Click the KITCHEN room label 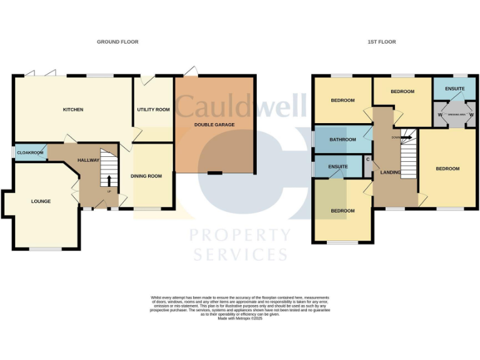[73, 109]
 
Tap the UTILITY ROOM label [154, 109]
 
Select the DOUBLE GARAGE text [214, 125]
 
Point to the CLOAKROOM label [30, 152]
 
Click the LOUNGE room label [41, 201]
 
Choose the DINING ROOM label [146, 176]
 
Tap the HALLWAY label [89, 161]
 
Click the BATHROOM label [342, 139]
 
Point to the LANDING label [391, 172]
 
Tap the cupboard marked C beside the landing [368, 159]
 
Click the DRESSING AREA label [456, 115]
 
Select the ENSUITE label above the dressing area [455, 89]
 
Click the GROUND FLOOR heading [117, 42]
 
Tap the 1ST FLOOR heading [381, 42]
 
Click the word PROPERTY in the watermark [240, 236]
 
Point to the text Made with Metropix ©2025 [240, 318]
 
